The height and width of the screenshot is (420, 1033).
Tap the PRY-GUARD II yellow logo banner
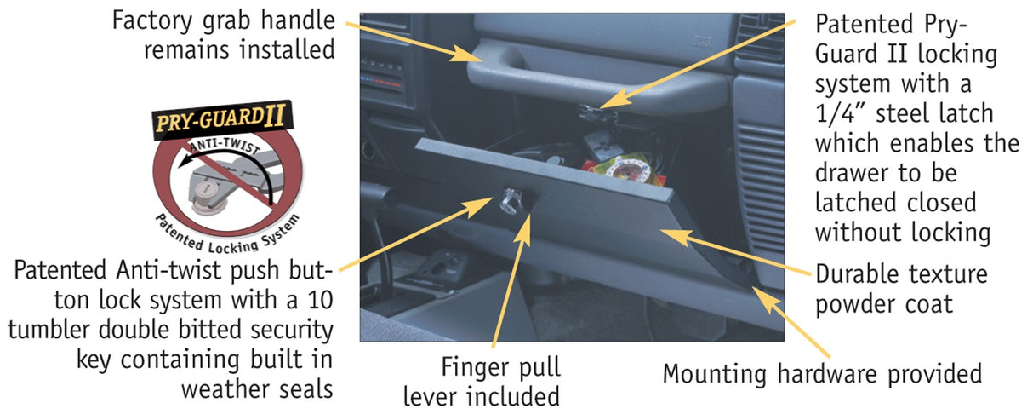(x=219, y=121)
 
